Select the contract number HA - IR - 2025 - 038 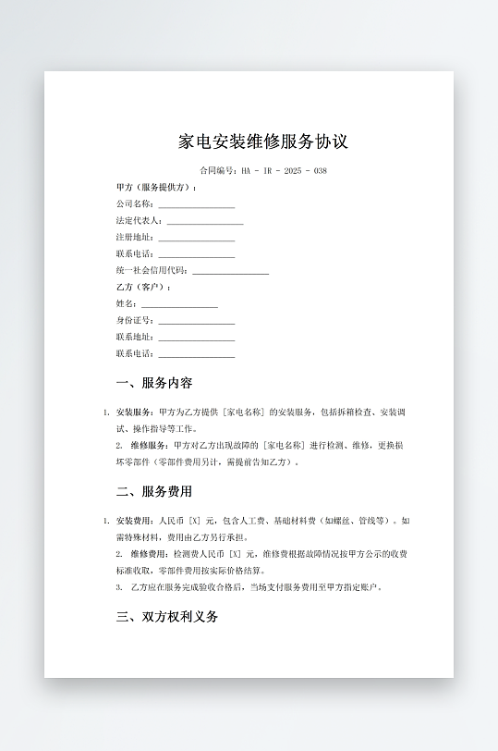[284, 171]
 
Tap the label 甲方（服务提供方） [156, 187]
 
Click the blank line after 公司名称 [196, 204]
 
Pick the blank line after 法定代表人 [205, 222]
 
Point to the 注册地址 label [134, 238]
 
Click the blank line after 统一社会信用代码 [230, 272]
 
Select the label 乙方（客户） [143, 288]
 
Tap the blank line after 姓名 [179, 304]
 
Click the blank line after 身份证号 [196, 321]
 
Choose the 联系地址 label [134, 337]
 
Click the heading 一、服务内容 [154, 383]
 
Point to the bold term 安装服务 [134, 412]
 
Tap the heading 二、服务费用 [154, 491]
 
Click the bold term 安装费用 [134, 521]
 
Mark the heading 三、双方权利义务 [167, 617]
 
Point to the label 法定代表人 [139, 221]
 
